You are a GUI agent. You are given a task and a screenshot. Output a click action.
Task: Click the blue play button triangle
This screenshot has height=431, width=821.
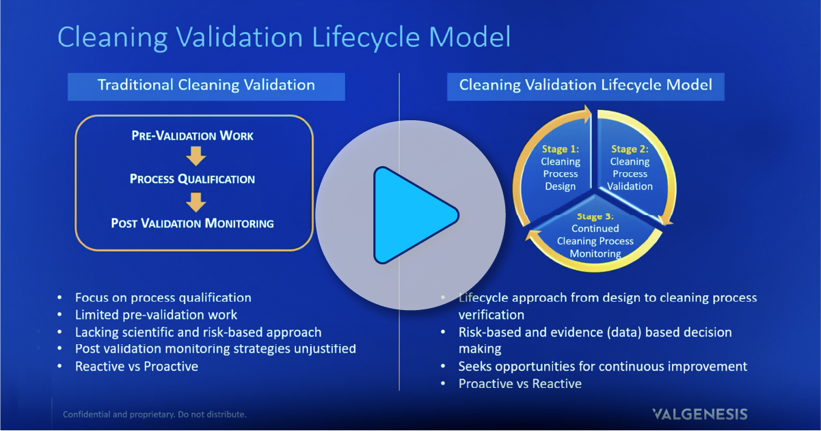tap(412, 215)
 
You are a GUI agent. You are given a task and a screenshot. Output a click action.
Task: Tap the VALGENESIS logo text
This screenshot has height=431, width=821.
tap(699, 414)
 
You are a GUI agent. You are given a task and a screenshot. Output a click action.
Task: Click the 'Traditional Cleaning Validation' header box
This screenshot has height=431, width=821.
tap(206, 85)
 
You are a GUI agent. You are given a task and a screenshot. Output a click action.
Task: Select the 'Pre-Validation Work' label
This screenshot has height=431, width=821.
tap(192, 136)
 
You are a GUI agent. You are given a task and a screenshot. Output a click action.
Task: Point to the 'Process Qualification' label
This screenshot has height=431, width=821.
tap(192, 179)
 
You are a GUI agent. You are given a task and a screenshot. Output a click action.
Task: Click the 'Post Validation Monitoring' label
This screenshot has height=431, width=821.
tap(192, 223)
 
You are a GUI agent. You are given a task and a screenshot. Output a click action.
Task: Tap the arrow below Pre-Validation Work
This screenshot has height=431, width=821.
tap(196, 157)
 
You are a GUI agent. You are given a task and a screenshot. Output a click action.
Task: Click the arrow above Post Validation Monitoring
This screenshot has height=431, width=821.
tap(196, 201)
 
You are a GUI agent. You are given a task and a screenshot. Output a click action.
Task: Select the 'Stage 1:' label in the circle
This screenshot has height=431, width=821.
tap(561, 149)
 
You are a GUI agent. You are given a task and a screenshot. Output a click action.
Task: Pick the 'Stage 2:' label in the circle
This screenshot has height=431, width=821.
tap(630, 149)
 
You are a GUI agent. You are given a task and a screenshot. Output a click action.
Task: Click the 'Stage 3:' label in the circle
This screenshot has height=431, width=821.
tap(595, 217)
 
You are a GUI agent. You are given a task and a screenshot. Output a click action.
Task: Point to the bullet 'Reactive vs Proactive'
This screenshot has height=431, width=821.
tap(137, 366)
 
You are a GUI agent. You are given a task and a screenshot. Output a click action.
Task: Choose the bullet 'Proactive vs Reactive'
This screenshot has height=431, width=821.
tap(520, 383)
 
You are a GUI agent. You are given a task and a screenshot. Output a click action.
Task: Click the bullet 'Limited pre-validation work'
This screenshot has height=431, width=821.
tap(157, 315)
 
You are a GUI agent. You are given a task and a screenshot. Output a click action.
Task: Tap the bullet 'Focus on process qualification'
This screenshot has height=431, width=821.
tap(163, 298)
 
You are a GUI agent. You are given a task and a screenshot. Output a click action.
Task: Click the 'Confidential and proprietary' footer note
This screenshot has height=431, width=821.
tap(154, 414)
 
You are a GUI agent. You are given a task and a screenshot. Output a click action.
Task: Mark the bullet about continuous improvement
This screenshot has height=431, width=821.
tap(602, 366)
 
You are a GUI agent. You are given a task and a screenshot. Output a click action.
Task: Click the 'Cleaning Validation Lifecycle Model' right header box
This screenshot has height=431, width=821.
tap(585, 85)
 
